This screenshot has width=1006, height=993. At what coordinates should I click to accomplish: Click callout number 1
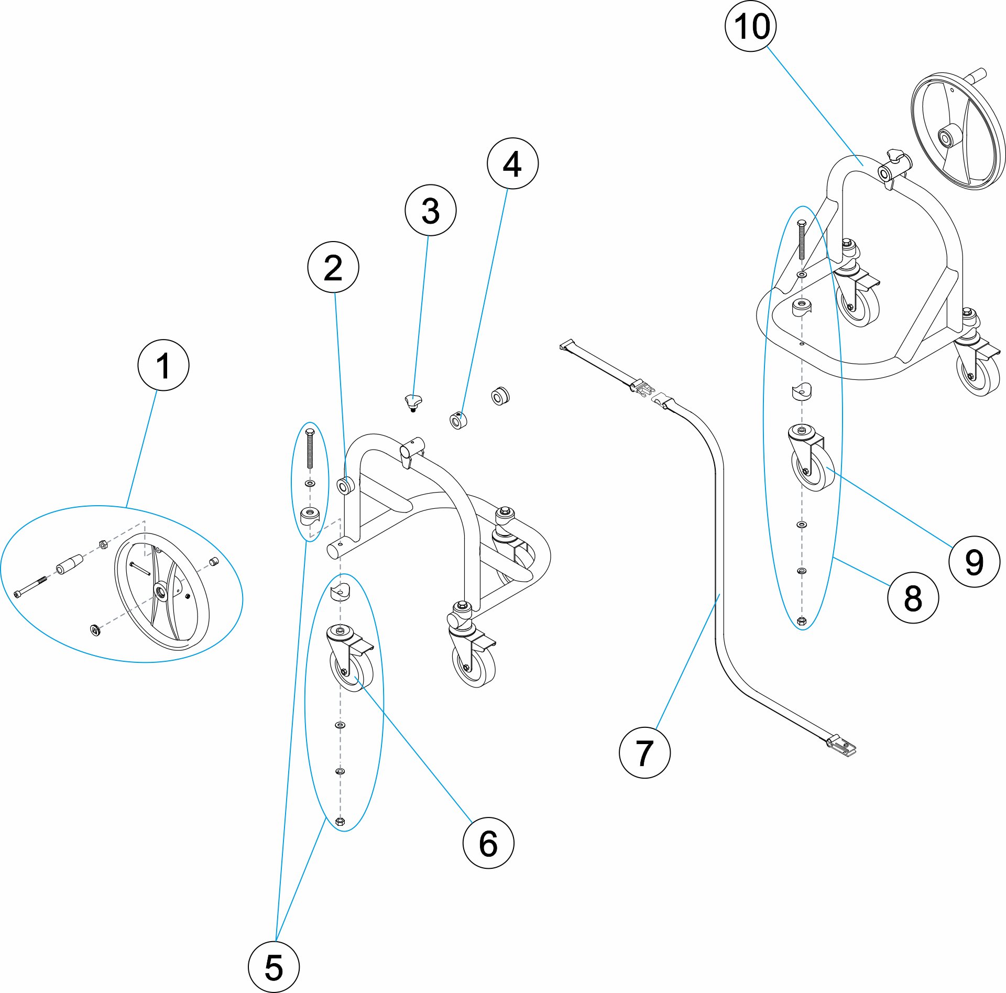(x=163, y=365)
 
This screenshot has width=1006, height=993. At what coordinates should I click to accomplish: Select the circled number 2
(x=333, y=267)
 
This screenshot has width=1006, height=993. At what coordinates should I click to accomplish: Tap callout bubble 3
(x=430, y=210)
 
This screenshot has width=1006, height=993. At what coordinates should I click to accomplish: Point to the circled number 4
(x=512, y=163)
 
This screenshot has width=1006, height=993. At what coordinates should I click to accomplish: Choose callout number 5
(x=274, y=966)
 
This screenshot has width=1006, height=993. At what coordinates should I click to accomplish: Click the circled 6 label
(x=488, y=843)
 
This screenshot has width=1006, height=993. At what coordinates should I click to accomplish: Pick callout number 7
(x=644, y=752)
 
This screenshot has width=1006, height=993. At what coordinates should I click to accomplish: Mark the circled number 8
(x=912, y=597)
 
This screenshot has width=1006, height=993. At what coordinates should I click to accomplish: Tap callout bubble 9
(x=974, y=562)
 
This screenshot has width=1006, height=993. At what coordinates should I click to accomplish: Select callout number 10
(x=750, y=26)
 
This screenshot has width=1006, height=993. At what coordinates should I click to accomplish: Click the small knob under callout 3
(x=413, y=402)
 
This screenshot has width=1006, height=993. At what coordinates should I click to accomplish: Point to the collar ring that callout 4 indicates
(x=458, y=420)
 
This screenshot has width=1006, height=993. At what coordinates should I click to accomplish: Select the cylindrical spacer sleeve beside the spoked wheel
(x=69, y=563)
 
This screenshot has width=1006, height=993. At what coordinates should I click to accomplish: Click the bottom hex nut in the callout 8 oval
(x=801, y=621)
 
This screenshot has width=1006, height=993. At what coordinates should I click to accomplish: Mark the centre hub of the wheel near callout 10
(x=946, y=139)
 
